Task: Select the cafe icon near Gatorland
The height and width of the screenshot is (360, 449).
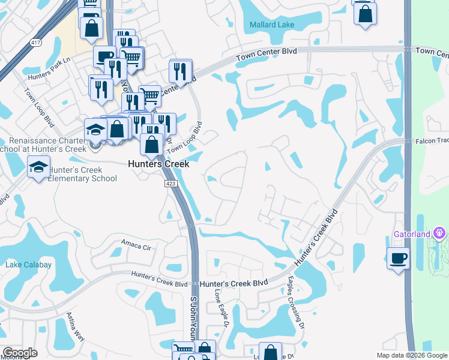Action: (x=398, y=259)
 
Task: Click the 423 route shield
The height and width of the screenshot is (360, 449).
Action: (x=170, y=184)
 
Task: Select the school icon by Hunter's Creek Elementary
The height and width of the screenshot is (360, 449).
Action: (x=38, y=166)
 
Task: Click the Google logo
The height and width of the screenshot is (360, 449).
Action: (x=20, y=353)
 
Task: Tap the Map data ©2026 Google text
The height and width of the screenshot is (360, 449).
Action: (x=411, y=355)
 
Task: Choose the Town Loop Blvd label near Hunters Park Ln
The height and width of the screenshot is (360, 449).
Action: (x=39, y=107)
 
